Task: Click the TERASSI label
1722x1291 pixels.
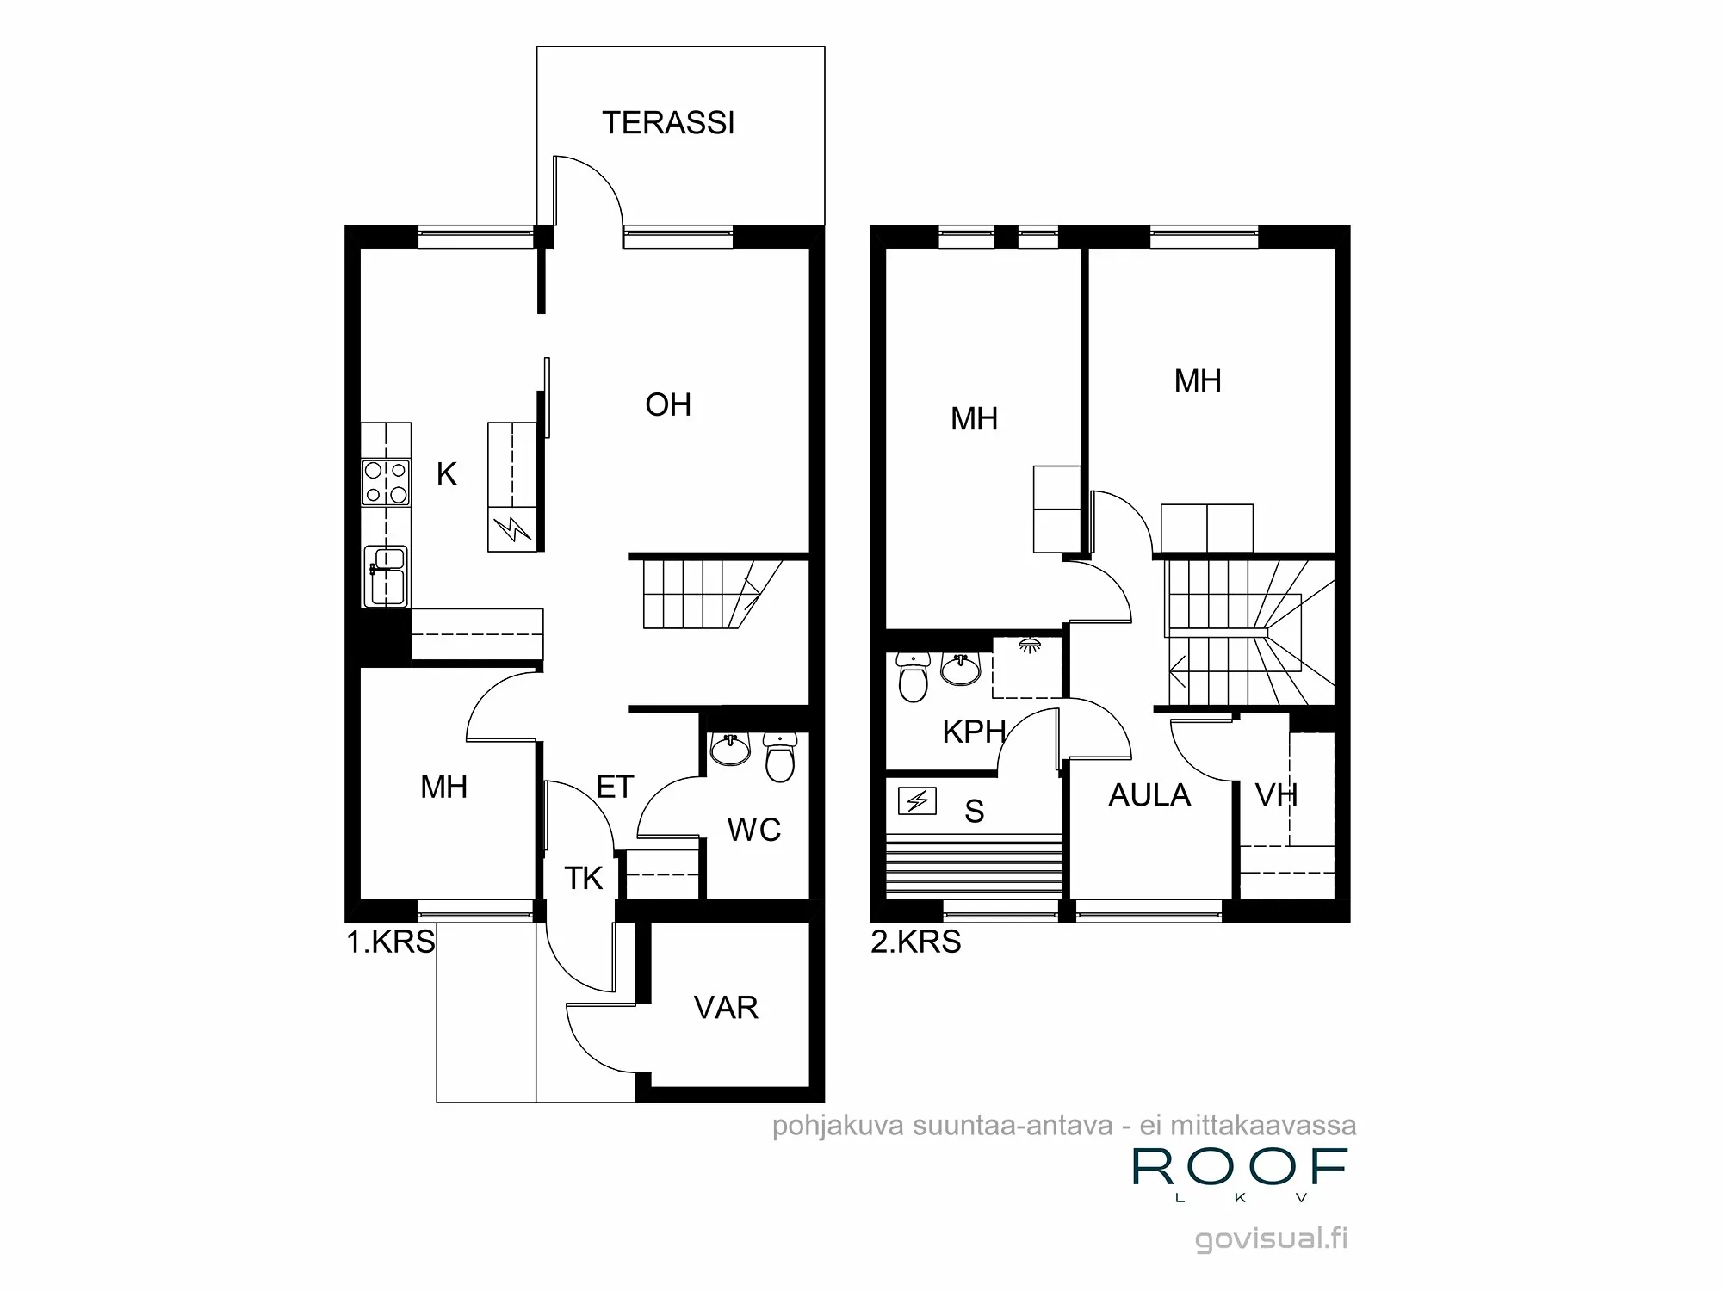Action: tap(668, 123)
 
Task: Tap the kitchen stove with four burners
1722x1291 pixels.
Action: tap(386, 482)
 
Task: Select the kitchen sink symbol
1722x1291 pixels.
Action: tap(385, 575)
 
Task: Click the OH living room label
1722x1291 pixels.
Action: tap(668, 405)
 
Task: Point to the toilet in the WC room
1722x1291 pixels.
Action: tap(780, 758)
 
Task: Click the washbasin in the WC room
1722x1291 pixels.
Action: tap(730, 750)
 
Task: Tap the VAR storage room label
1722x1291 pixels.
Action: tap(726, 1008)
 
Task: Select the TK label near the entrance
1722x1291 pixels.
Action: tap(583, 879)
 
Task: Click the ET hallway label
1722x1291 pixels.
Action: tap(615, 787)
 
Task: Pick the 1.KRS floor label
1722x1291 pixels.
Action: tap(391, 942)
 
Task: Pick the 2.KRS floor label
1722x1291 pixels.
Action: tap(915, 942)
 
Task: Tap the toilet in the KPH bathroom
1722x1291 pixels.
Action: tap(913, 676)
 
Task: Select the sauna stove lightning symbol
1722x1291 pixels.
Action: tap(917, 801)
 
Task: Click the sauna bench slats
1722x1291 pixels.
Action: tap(973, 866)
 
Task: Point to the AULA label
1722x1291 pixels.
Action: tap(1149, 795)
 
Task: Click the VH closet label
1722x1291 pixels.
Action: tap(1276, 795)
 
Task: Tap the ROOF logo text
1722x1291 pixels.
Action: tap(1239, 1167)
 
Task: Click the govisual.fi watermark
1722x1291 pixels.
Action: tap(1272, 1238)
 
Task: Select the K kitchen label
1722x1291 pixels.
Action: tap(446, 474)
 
